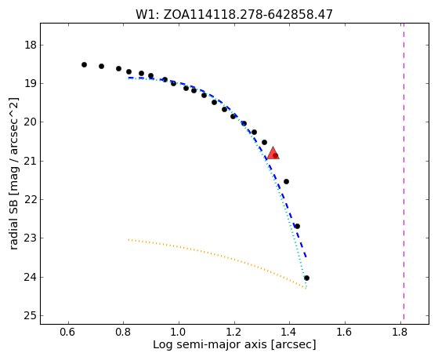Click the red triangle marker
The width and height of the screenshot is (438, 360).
pos(273,153)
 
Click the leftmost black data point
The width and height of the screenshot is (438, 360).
pos(84,64)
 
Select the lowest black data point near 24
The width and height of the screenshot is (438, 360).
pos(306,278)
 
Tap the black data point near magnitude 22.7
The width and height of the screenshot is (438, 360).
pos(297,226)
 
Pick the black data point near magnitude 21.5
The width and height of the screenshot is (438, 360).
pos(286,181)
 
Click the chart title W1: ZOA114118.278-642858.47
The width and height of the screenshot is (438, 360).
pos(234,15)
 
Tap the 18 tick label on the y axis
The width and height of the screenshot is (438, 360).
pos(31,45)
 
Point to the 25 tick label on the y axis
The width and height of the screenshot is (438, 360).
pos(31,316)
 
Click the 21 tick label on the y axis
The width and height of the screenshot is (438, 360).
pos(31,161)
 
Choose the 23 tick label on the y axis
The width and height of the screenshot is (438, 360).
pos(31,238)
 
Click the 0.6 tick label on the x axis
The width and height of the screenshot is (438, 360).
pos(67,332)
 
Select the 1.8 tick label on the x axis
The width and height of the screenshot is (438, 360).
pos(400,332)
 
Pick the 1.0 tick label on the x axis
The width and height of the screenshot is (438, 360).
pos(179,332)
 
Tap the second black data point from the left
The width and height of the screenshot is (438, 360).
pos(101,67)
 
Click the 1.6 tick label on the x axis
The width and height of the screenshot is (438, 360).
pos(345,332)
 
